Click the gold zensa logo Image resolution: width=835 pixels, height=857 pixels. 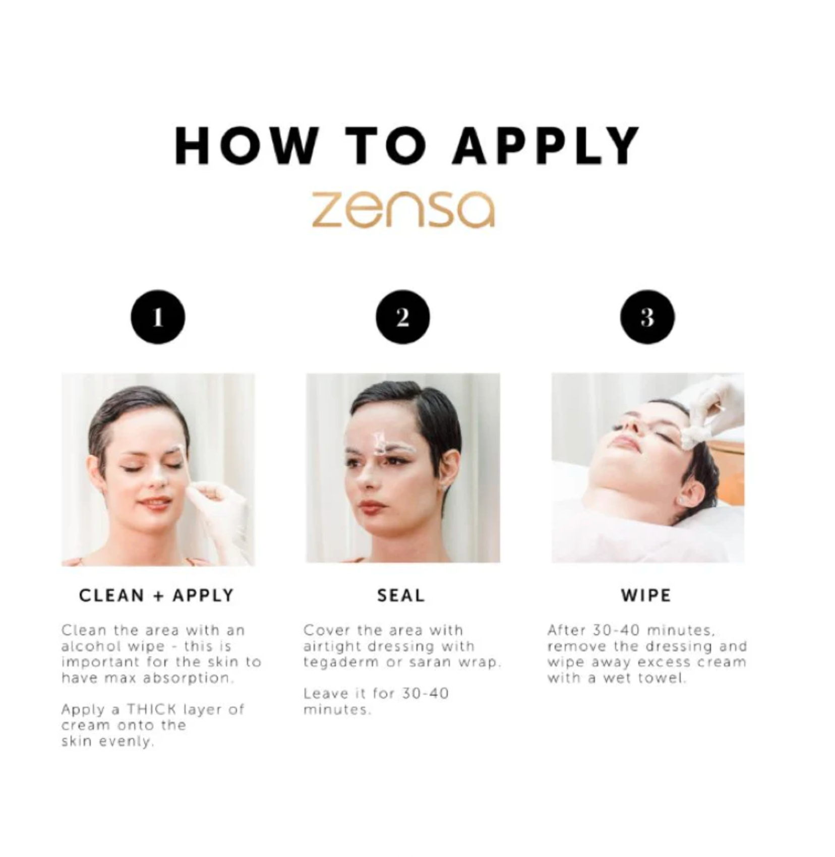tap(403, 209)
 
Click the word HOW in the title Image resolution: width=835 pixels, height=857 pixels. tap(247, 146)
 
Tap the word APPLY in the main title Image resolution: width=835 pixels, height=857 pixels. tap(546, 146)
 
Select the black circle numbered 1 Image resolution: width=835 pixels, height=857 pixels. tap(158, 317)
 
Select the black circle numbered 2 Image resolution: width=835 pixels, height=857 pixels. tap(402, 317)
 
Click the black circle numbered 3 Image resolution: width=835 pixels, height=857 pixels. tap(647, 317)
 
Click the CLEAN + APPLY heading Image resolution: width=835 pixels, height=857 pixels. tap(157, 595)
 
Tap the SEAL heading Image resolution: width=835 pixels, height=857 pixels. tap(401, 595)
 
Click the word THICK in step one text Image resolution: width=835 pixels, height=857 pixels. tap(151, 710)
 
